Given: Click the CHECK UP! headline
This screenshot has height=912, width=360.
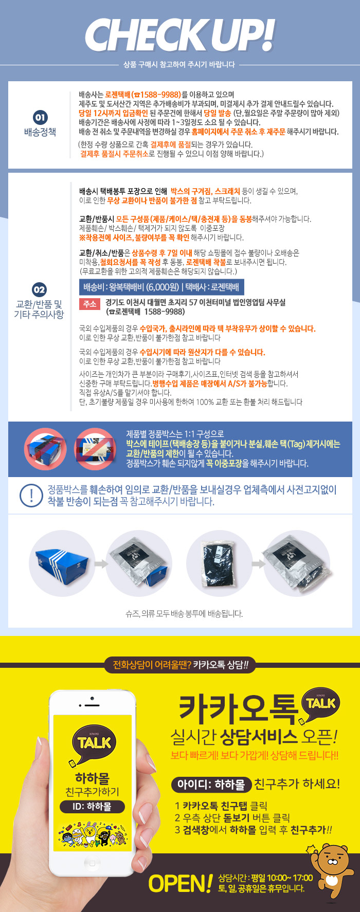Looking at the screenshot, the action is click(x=179, y=35).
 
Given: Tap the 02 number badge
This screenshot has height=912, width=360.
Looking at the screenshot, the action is click(x=39, y=289).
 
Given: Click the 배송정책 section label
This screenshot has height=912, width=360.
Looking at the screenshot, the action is click(x=40, y=132).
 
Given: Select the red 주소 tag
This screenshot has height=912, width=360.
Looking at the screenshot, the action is click(x=89, y=304).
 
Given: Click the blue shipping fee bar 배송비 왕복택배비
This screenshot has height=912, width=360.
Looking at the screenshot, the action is click(x=161, y=287).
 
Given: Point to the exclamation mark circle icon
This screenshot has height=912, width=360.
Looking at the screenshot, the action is click(x=31, y=495).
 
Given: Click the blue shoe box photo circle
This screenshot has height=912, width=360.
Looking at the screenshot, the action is click(x=62, y=563).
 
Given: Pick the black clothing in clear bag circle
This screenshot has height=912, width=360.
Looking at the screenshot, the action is click(x=219, y=563).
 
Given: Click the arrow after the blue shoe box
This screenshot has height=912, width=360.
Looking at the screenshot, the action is click(x=101, y=564).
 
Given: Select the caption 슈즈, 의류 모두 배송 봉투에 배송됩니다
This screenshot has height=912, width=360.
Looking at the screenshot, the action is click(x=184, y=613).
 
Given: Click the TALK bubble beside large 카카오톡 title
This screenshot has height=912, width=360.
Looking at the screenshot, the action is click(x=320, y=703).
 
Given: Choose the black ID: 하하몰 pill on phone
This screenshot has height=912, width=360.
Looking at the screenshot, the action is click(x=92, y=807).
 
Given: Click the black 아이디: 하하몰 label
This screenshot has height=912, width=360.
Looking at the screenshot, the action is click(x=211, y=785).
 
